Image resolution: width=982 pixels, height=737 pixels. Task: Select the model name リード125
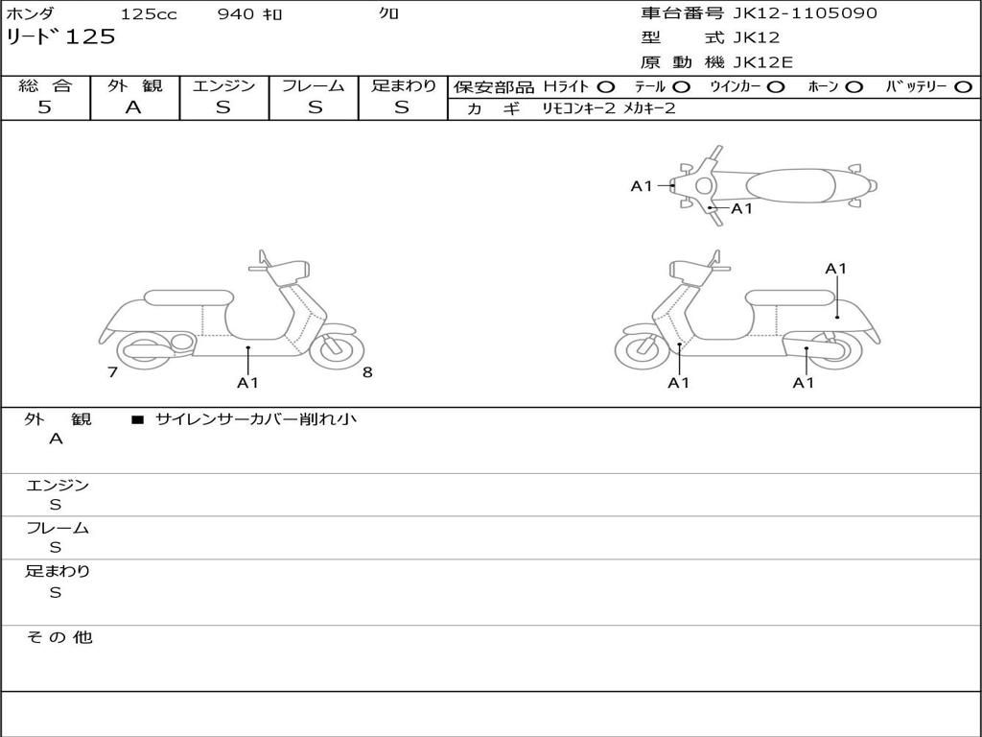pyautogui.click(x=61, y=37)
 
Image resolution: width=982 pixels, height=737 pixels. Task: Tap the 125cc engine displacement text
pyautogui.click(x=149, y=14)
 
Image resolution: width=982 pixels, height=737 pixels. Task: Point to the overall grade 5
pyautogui.click(x=44, y=107)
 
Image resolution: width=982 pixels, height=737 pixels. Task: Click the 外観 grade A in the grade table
pyautogui.click(x=133, y=107)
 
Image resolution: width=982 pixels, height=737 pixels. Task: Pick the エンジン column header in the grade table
pyautogui.click(x=223, y=85)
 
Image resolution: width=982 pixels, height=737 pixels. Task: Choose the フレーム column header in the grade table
pyautogui.click(x=313, y=85)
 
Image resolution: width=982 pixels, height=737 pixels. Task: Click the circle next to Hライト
pyautogui.click(x=606, y=87)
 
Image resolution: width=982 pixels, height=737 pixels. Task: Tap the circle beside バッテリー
pyautogui.click(x=964, y=87)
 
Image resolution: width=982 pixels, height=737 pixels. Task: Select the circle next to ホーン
pyautogui.click(x=853, y=87)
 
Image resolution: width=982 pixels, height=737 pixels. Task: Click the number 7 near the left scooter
pyautogui.click(x=112, y=372)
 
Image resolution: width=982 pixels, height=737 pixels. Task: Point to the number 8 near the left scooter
pyautogui.click(x=367, y=372)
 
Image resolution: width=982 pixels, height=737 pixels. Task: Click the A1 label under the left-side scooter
pyautogui.click(x=247, y=383)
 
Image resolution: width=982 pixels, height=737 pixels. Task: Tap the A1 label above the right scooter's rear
pyautogui.click(x=836, y=269)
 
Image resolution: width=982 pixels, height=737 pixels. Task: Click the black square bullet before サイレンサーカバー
pyautogui.click(x=137, y=419)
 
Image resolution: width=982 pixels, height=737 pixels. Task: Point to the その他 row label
pyautogui.click(x=58, y=637)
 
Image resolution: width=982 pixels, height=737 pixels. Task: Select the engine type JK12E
pyautogui.click(x=763, y=62)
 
